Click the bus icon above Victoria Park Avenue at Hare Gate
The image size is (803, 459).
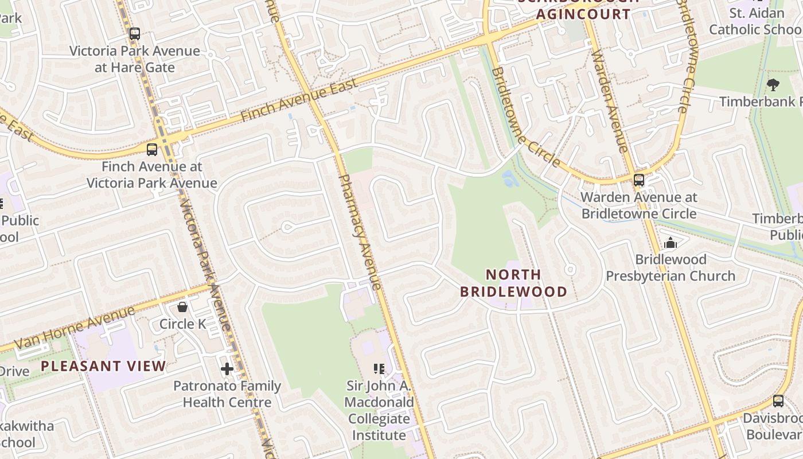[x=134, y=34]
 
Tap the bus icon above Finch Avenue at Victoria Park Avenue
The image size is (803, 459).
[x=152, y=150]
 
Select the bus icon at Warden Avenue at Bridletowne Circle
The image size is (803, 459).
[x=639, y=180]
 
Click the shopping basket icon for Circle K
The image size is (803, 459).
[x=182, y=308]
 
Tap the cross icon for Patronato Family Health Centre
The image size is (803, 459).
[x=227, y=369]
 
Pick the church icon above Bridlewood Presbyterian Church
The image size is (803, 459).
[x=670, y=243]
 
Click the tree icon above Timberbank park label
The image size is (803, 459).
[x=773, y=85]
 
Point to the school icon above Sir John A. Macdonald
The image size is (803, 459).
[x=379, y=368]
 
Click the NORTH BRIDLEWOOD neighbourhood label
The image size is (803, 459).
[x=513, y=283]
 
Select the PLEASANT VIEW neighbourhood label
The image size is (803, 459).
[x=103, y=366]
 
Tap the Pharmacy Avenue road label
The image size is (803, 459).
[x=360, y=232]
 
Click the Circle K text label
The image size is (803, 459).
[x=182, y=324]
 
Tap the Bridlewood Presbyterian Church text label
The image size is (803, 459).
[x=671, y=268]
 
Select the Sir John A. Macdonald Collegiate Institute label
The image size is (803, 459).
[x=379, y=410]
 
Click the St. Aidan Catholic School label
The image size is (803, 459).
[x=755, y=21]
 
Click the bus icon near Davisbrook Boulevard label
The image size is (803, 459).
[x=778, y=401]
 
